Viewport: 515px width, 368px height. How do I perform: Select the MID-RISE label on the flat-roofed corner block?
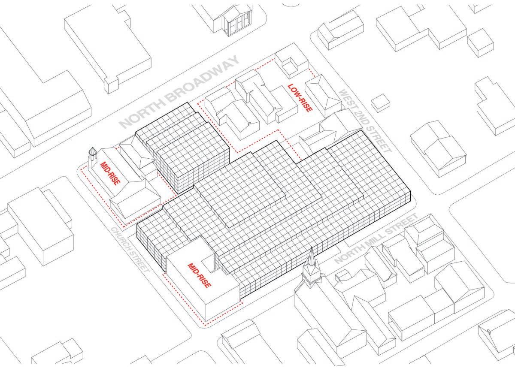tap(199, 274)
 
